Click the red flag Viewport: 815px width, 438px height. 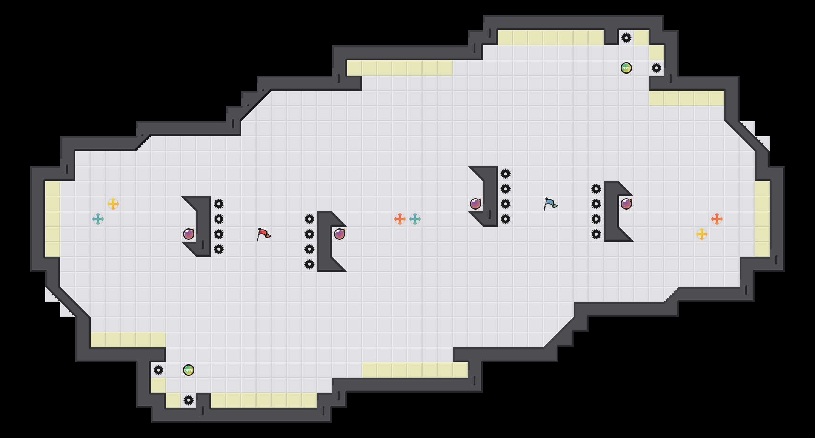[x=263, y=234]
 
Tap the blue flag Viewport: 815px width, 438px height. [x=550, y=204]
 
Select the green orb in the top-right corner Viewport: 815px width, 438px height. [x=626, y=68]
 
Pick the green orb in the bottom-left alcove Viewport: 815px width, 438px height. [x=189, y=370]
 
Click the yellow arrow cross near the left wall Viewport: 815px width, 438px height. [x=113, y=204]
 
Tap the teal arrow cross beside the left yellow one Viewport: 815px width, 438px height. [x=98, y=219]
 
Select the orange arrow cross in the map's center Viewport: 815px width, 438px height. [x=400, y=219]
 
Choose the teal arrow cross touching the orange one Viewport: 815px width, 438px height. [x=415, y=219]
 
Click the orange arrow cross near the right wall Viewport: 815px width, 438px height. [x=717, y=219]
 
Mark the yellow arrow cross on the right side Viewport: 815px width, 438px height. [x=702, y=234]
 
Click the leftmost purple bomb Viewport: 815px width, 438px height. [x=189, y=234]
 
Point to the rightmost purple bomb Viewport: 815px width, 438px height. [x=626, y=204]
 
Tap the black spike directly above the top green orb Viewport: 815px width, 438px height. [x=626, y=38]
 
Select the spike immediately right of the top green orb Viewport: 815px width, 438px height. [x=657, y=68]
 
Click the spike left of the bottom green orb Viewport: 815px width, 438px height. [x=158, y=370]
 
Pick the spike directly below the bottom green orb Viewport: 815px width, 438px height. [x=189, y=400]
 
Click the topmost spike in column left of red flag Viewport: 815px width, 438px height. [x=219, y=204]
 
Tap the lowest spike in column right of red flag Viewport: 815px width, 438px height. [x=309, y=264]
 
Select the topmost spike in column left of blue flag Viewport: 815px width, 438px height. [x=506, y=174]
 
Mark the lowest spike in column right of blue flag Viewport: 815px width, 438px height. [x=596, y=234]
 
